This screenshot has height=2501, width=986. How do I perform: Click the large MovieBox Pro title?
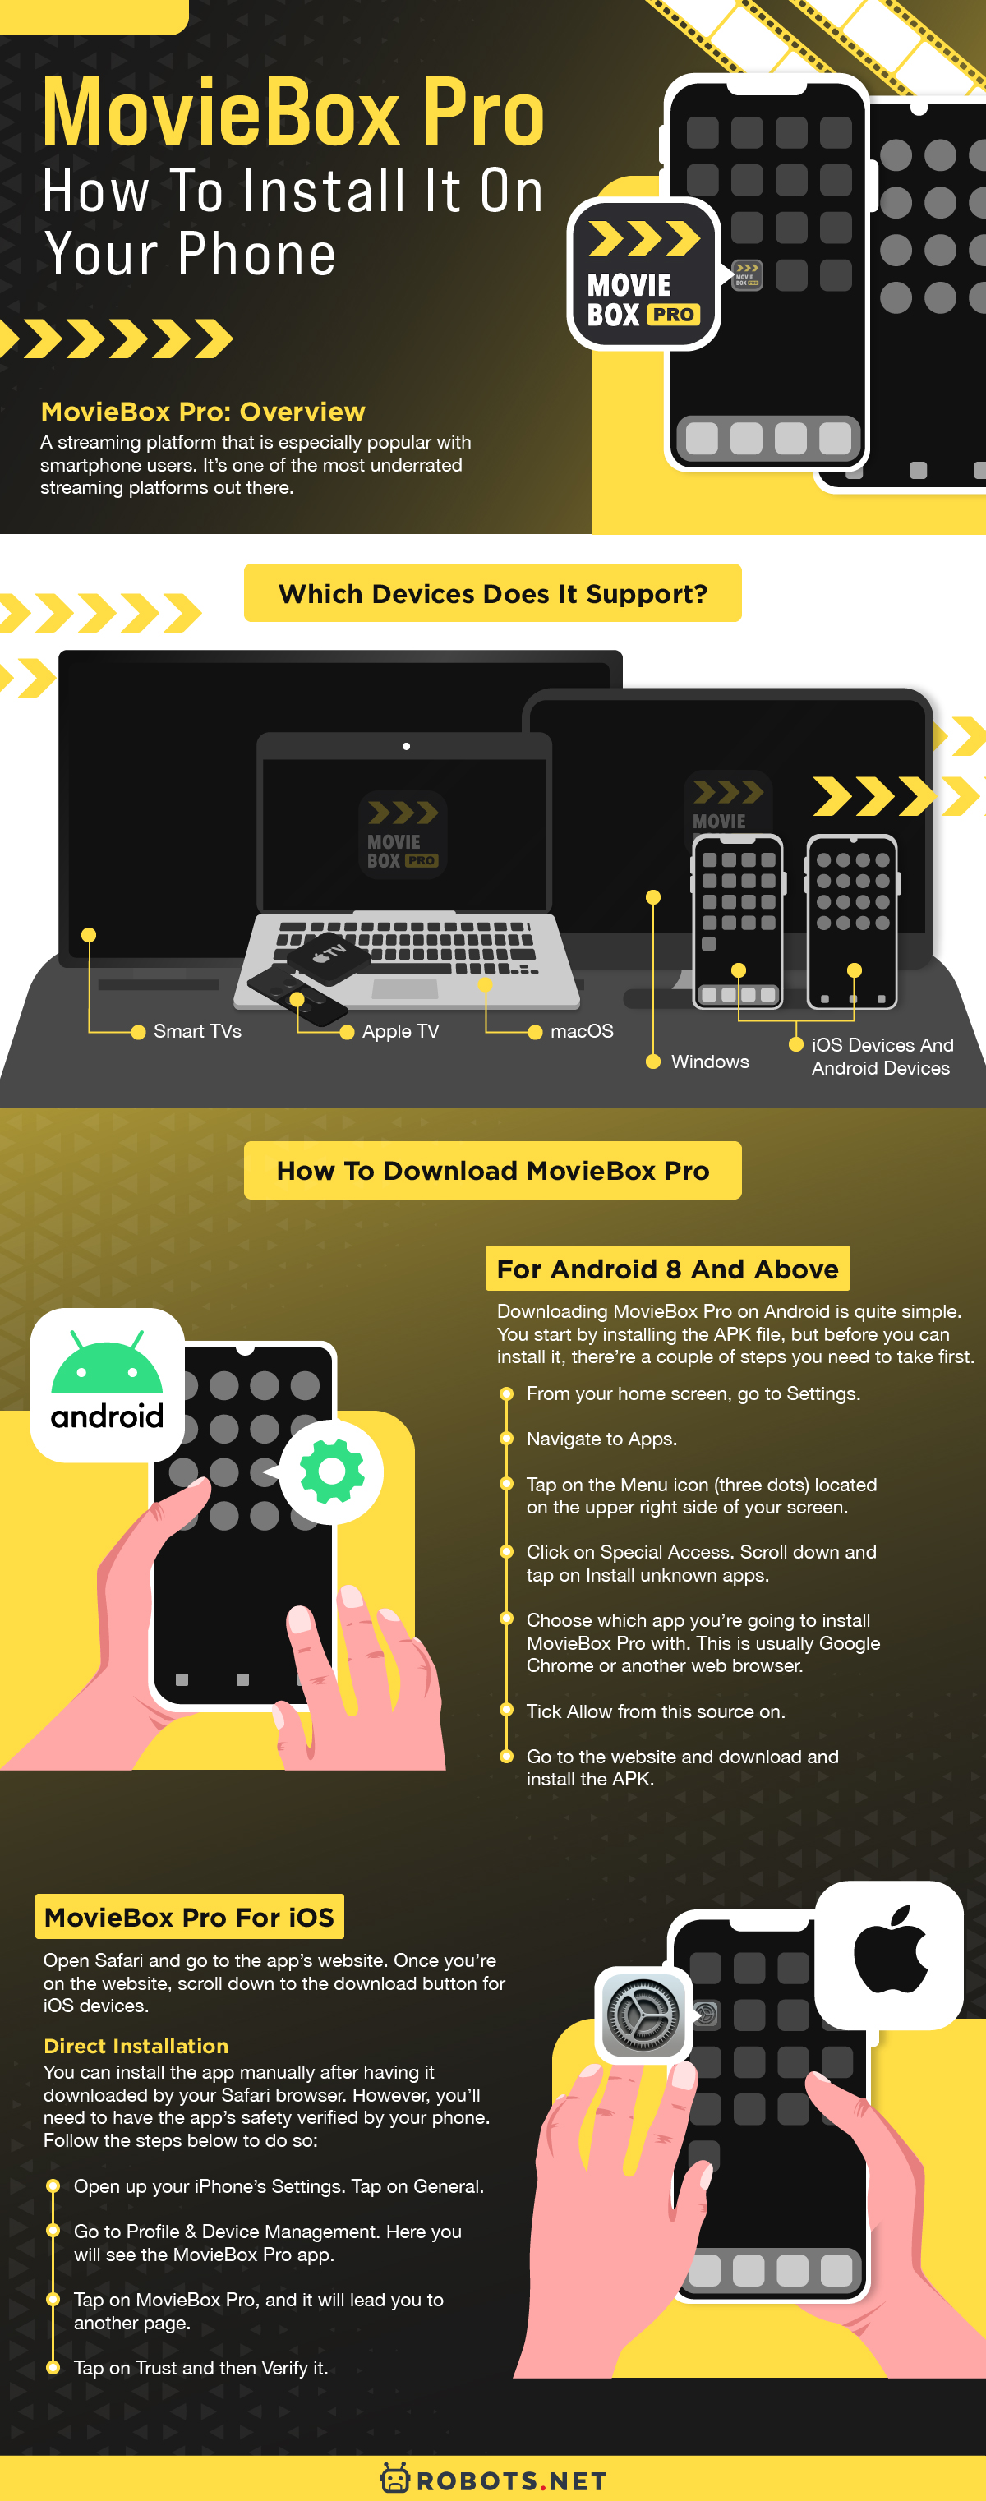[x=293, y=114]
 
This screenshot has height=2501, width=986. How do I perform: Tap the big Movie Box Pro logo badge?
[x=643, y=274]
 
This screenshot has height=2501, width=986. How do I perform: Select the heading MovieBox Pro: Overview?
[x=203, y=412]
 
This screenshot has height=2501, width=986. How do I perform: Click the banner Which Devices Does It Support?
[x=492, y=593]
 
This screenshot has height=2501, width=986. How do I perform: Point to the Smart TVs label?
[x=197, y=1031]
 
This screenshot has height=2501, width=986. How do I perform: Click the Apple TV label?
[x=400, y=1031]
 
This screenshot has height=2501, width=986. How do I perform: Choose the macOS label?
[x=581, y=1031]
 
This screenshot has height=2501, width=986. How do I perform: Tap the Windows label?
[x=709, y=1062]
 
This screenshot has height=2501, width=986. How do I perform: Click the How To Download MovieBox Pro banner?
[x=492, y=1171]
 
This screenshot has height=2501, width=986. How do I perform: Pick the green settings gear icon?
[x=332, y=1472]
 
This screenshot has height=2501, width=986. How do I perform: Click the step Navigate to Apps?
[x=601, y=1439]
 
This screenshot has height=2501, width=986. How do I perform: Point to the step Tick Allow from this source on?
[x=655, y=1711]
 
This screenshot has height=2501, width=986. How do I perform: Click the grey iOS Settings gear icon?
[x=642, y=2015]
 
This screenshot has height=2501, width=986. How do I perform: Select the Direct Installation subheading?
[x=136, y=2046]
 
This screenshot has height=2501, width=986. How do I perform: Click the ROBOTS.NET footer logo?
[x=493, y=2480]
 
